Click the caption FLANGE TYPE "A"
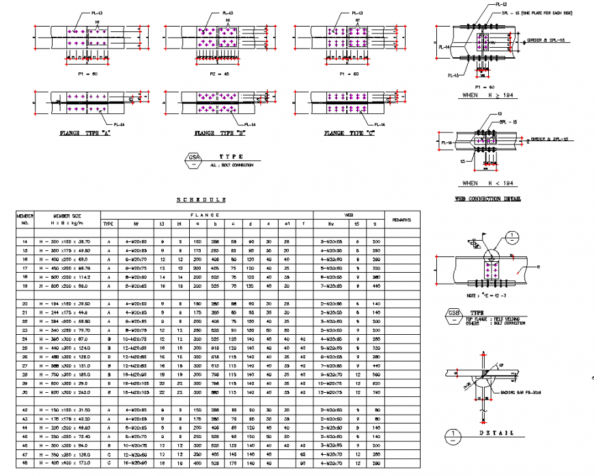[85, 134]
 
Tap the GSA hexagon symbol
[193, 160]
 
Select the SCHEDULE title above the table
[201, 200]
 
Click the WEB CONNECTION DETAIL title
[487, 199]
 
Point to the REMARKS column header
[402, 219]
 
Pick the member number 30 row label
[25, 391]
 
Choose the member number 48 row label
[25, 463]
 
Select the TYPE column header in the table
[108, 223]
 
